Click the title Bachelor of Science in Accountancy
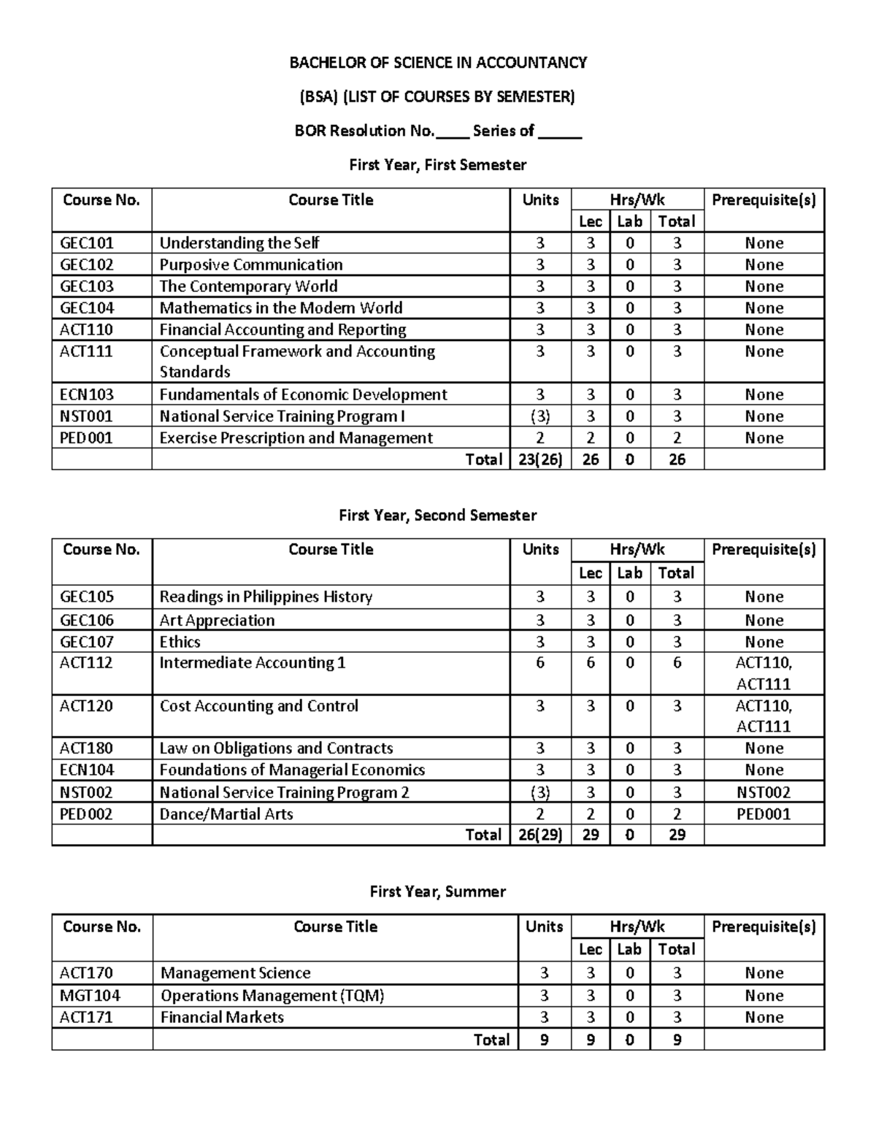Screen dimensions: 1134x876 pos(438,63)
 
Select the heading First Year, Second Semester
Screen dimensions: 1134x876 pos(438,516)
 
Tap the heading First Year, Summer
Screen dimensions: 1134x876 pos(438,892)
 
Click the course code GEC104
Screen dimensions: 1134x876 pos(87,308)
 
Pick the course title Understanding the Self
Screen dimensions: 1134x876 pos(239,243)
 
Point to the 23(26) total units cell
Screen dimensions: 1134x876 pos(540,459)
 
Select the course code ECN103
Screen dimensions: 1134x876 pos(87,395)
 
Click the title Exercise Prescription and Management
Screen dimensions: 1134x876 pos(296,438)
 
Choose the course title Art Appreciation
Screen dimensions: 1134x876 pos(217,621)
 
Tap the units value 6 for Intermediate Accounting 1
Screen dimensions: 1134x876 pos(540,663)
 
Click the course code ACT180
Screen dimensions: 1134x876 pos(87,748)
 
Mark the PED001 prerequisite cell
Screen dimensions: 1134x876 pos(764,814)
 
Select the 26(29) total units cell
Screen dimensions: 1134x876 pos(540,835)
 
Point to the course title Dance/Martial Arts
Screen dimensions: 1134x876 pos(226,814)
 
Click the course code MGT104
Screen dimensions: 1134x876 pos(90,996)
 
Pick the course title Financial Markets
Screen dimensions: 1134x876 pos(222,1017)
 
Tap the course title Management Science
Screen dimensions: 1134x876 pos(235,973)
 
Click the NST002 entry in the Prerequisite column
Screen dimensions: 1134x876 pos(764,793)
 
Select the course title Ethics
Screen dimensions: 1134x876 pos(180,643)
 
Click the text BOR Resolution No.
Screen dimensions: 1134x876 pos(364,131)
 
